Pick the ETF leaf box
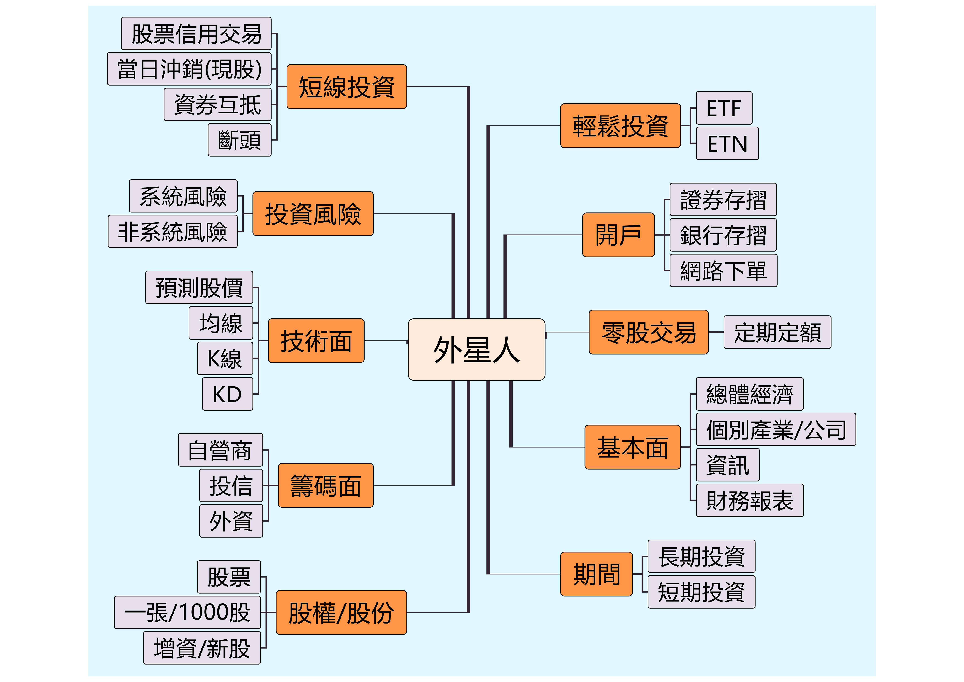coord(724,108)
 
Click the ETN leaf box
coord(727,144)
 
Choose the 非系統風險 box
coord(173,231)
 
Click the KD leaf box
coord(228,394)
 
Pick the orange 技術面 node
coord(316,341)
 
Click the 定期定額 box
coord(777,332)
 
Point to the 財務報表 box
coord(749,500)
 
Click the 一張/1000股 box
coord(187,612)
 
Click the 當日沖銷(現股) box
coord(189,69)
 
